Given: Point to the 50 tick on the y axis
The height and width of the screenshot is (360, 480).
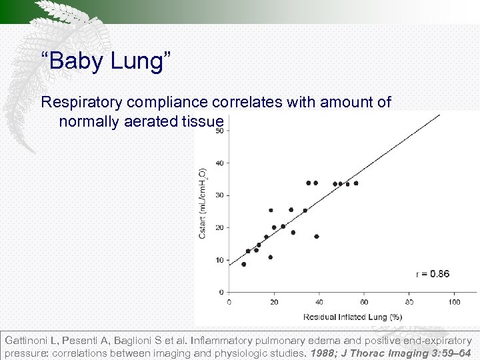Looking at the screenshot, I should point(219,131).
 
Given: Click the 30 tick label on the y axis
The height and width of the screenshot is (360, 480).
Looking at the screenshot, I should point(219,195).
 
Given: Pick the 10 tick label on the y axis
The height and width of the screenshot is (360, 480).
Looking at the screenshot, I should point(219,260).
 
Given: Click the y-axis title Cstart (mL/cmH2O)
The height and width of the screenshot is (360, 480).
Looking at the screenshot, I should point(203,203).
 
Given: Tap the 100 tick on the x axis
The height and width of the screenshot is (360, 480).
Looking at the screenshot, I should point(454,302).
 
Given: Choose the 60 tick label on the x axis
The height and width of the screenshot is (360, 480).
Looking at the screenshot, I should point(364,302).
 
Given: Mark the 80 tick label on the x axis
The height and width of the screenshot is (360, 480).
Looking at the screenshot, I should point(409,302).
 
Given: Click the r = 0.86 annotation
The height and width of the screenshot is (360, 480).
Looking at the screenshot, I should point(432,274).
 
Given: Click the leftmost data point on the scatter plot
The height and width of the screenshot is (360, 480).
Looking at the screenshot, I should point(244,264).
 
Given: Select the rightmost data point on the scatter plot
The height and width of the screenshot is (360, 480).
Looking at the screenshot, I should point(356,183).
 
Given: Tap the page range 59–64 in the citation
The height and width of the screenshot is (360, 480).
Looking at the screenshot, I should point(457,353).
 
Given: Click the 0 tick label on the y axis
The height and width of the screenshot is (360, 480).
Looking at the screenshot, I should point(221,292).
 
